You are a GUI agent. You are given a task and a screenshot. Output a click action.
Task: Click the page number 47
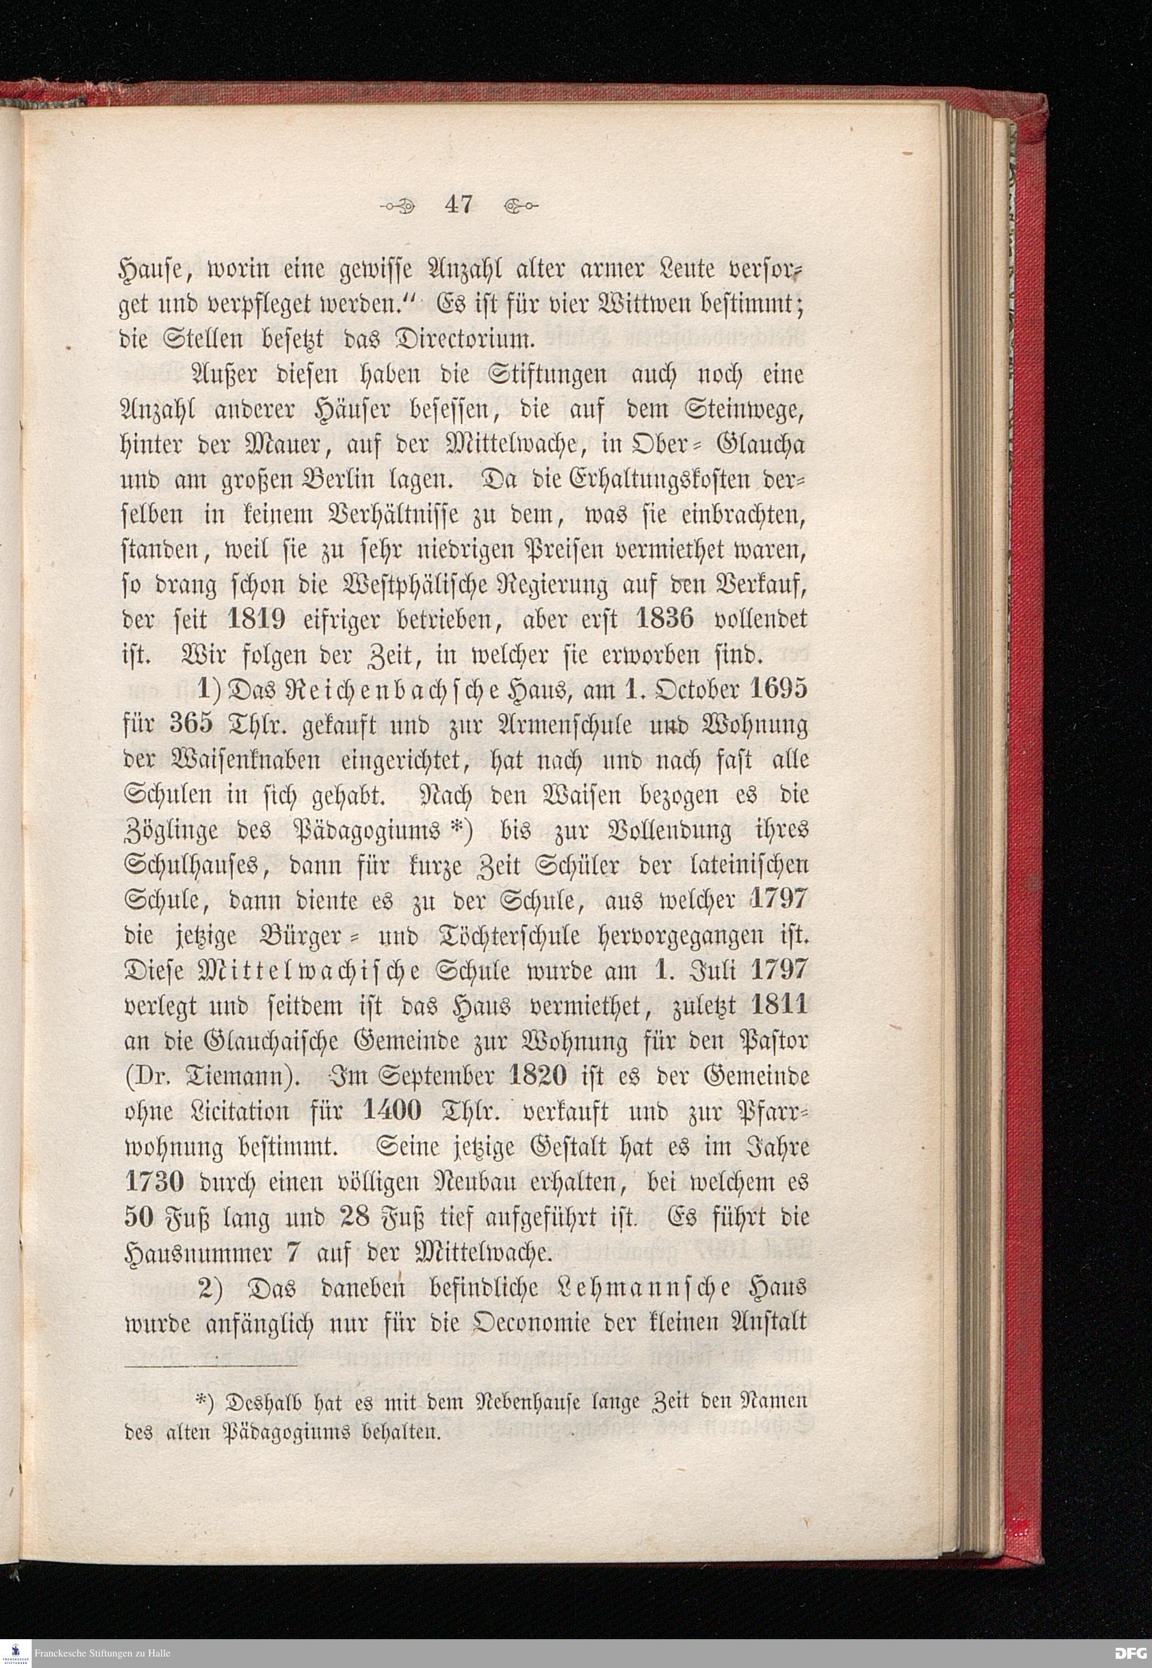click(x=458, y=205)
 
